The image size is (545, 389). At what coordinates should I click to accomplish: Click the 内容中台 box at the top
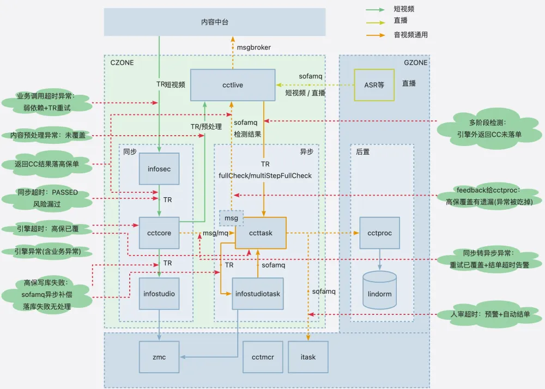click(215, 22)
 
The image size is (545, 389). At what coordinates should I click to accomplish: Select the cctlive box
click(232, 84)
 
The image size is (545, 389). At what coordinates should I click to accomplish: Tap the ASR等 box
click(374, 84)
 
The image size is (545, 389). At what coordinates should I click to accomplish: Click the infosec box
click(159, 169)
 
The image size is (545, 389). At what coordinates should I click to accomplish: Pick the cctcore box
click(159, 233)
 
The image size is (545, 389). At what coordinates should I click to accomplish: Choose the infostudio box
click(159, 294)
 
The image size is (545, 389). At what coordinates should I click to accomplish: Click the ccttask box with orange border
click(261, 233)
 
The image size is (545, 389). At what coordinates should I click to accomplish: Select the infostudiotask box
click(258, 294)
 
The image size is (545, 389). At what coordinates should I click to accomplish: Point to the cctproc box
click(379, 233)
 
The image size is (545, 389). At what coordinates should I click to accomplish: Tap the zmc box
click(159, 357)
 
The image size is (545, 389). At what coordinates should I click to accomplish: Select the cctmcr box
click(263, 357)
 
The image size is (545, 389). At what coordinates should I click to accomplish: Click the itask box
click(308, 357)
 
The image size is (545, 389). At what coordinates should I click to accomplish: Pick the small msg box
click(231, 217)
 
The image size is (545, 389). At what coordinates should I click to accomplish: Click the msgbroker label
click(253, 47)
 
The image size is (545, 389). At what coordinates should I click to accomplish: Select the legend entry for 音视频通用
click(410, 34)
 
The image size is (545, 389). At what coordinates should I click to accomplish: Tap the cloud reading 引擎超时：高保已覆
click(47, 229)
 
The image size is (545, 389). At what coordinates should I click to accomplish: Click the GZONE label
click(415, 63)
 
